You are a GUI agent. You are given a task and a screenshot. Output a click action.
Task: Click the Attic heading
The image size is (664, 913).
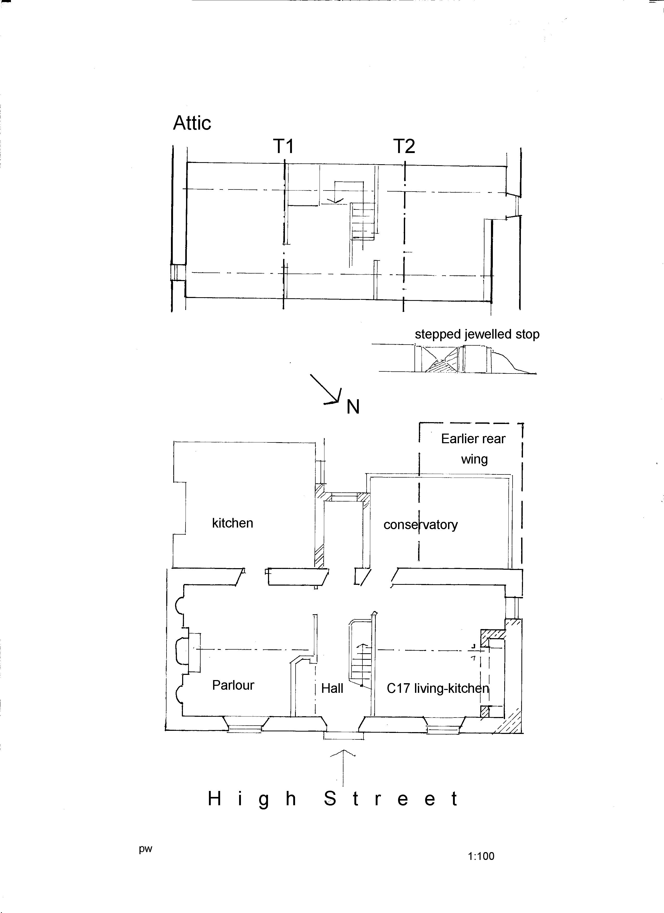[192, 123]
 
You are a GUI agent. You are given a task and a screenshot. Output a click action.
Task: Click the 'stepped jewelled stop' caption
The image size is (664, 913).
[477, 334]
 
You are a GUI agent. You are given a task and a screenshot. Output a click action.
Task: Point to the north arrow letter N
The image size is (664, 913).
[353, 407]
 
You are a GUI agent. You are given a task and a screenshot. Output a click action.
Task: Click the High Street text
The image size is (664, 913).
[333, 799]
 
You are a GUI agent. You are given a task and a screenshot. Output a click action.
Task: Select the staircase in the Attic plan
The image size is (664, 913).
[363, 221]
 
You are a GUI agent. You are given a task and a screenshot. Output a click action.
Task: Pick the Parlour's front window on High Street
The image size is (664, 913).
[245, 726]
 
